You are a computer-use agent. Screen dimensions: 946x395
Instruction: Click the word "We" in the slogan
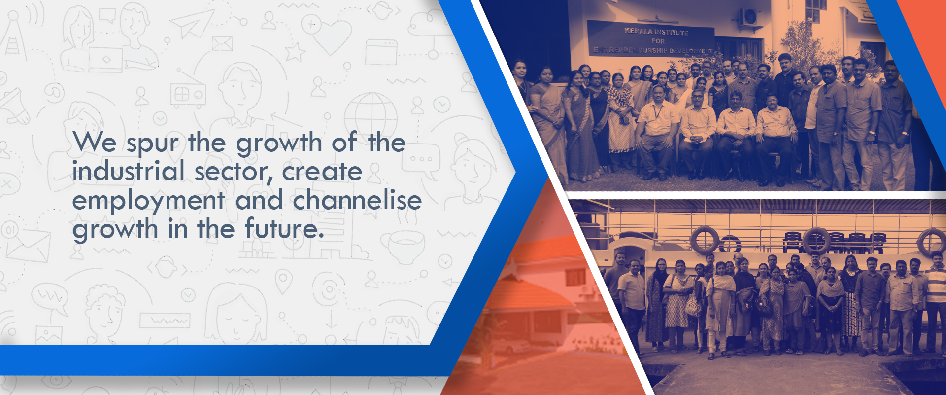coord(95,142)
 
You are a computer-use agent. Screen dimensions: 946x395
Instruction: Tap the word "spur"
coord(153,144)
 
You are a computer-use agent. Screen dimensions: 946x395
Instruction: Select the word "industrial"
coord(129,171)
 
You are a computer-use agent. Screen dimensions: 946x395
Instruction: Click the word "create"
coord(322,172)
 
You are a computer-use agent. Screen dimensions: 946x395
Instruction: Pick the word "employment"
coord(149,202)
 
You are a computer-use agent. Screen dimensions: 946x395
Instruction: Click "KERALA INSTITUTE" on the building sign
coord(656,32)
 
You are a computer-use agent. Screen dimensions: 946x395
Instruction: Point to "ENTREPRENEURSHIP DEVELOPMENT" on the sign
coord(653,50)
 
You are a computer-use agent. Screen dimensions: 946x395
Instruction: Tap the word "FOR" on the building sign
coord(658,41)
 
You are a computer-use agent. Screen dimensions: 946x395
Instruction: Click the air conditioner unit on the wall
coord(750,17)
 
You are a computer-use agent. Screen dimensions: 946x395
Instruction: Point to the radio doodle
coord(188,93)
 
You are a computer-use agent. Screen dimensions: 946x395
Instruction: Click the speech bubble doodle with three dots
coord(421,160)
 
